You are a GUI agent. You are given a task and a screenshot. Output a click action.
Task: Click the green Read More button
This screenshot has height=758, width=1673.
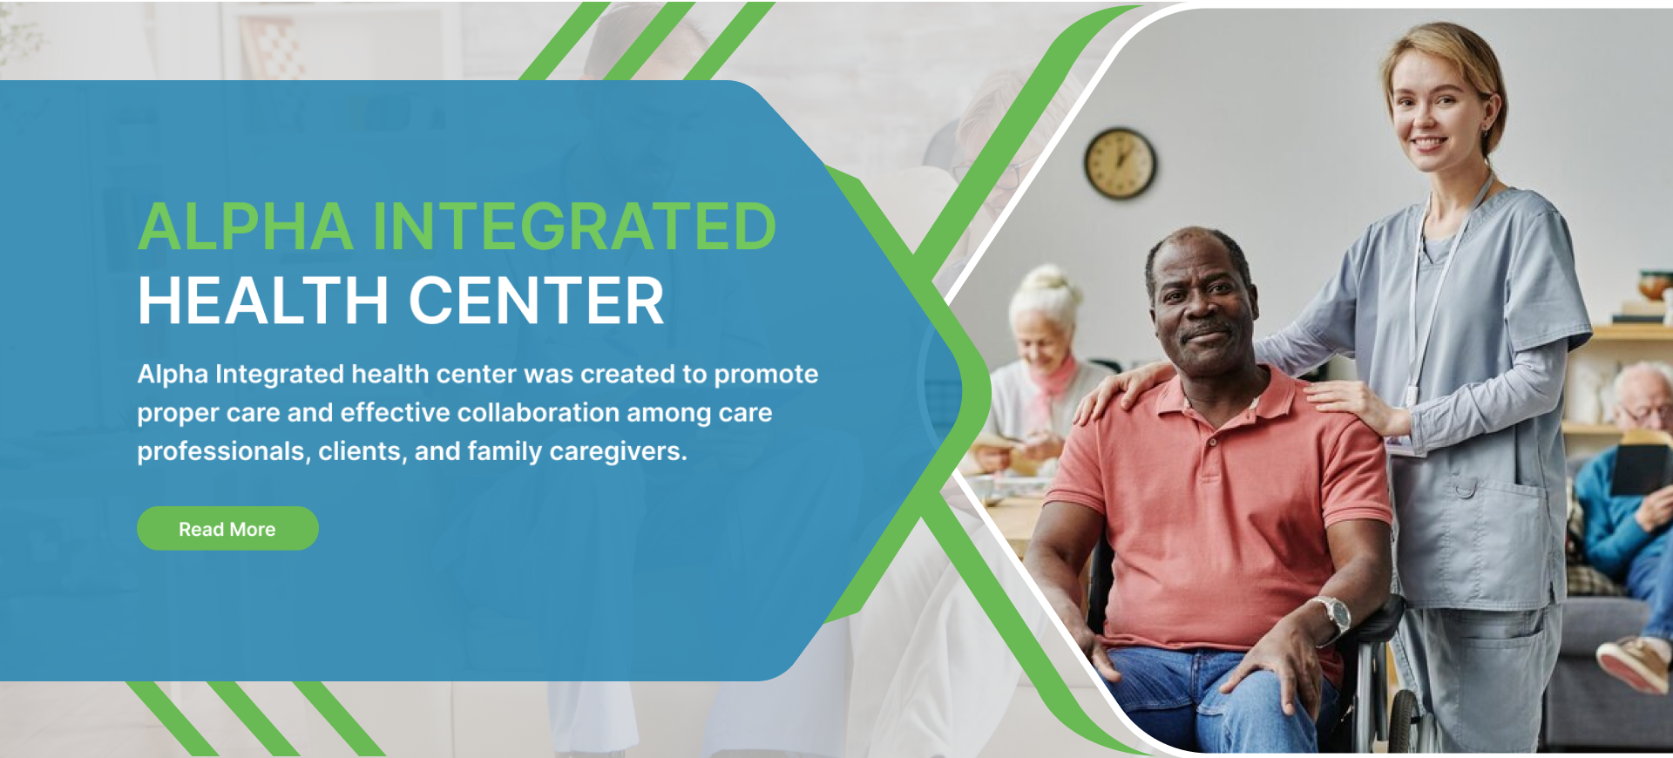pos(227,528)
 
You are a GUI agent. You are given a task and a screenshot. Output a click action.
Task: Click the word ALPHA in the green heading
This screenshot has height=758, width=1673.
pos(246,227)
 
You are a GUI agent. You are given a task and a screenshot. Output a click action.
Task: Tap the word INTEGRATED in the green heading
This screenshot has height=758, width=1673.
pos(574,227)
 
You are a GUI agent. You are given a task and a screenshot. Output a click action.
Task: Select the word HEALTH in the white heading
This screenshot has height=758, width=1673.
pos(263,301)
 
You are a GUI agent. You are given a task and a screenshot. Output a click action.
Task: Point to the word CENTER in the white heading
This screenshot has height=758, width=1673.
pos(537,301)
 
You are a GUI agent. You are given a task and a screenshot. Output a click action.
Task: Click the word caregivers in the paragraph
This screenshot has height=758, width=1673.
pos(618,451)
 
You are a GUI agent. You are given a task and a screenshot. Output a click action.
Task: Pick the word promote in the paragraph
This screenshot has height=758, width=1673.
pos(766,375)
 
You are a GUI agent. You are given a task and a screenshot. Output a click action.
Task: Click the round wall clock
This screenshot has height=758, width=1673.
pos(1120,163)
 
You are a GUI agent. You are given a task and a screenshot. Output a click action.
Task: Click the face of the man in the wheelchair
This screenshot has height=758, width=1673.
pos(1202,305)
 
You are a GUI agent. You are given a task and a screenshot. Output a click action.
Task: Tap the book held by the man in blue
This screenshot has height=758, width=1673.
pos(1638,466)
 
